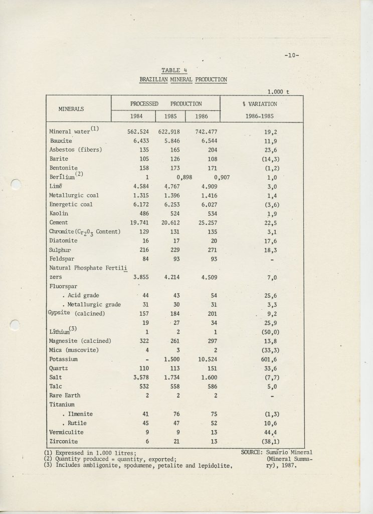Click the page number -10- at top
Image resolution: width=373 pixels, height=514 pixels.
coord(291,55)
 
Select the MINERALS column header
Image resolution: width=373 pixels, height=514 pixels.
coord(71,108)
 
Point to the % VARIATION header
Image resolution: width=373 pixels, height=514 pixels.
coord(259,103)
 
